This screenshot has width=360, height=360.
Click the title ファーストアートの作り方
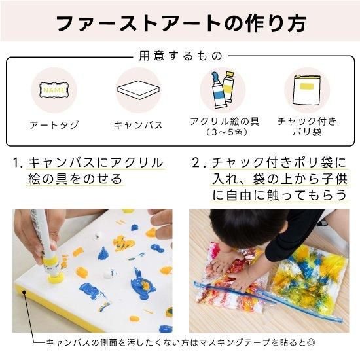click(181, 23)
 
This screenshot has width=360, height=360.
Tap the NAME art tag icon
click(54, 90)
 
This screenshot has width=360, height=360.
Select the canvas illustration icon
click(139, 90)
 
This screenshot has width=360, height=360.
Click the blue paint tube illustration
click(218, 90)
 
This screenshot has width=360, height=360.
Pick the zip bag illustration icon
click(307, 90)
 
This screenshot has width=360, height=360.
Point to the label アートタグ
click(54, 125)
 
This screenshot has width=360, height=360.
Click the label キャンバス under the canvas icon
click(139, 125)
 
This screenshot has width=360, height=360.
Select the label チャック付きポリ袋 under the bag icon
click(307, 127)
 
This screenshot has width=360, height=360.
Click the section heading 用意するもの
click(181, 56)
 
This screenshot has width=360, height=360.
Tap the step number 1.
click(17, 162)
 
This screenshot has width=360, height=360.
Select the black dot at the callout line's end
click(24, 292)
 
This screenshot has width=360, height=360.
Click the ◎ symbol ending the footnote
click(311, 343)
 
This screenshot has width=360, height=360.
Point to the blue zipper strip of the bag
click(268, 301)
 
